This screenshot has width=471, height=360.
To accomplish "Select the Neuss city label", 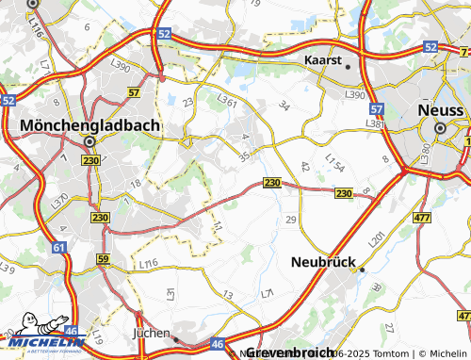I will tap(440, 110).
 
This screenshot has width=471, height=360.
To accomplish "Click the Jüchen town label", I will tap(150, 334).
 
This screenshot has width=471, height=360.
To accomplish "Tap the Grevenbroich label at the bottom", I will tap(290, 352).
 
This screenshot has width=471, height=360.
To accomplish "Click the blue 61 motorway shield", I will tap(60, 247).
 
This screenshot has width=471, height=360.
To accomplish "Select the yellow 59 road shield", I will tap(103, 258).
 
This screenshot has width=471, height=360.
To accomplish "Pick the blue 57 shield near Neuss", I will tap(377, 110).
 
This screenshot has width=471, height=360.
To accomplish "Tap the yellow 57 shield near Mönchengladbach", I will tap(134, 93).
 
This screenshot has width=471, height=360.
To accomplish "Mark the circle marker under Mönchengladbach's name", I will tap(89, 141).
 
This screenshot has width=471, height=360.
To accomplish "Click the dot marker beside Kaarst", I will tap(348, 67).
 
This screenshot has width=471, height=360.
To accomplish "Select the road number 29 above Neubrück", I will tap(290, 219).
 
